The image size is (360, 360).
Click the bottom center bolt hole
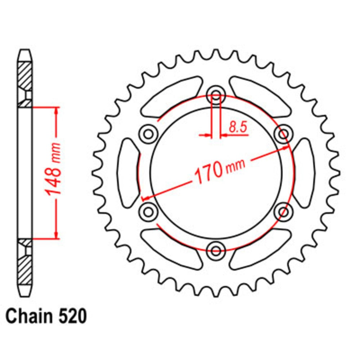(216, 249)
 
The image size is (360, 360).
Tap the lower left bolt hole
(148, 210)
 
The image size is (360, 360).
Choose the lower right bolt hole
(283, 210)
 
